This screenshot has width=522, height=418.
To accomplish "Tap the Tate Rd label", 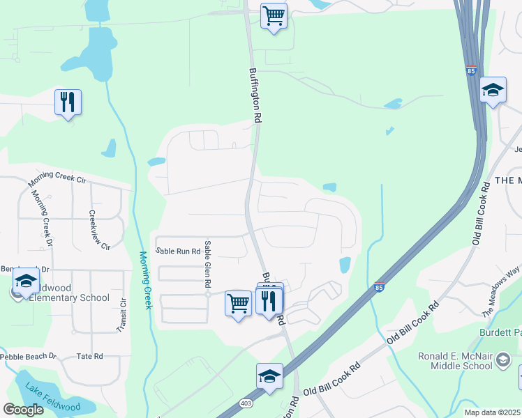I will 89,356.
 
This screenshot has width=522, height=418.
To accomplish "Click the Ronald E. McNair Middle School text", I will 456,361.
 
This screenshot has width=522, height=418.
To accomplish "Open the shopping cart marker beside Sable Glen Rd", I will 239,304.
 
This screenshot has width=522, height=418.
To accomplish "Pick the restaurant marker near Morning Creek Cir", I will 68,102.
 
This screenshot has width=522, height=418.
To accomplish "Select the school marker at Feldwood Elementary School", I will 26,283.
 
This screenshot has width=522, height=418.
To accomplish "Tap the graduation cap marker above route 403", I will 269,377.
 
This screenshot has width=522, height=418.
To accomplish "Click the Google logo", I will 23,410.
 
